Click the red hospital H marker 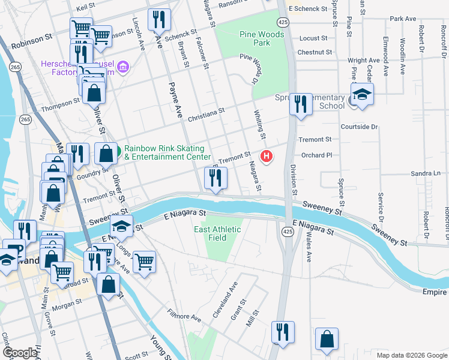tap(266, 157)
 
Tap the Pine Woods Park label tap(262, 39)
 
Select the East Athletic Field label tap(217, 233)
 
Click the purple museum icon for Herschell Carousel tap(124, 65)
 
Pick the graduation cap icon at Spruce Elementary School tap(362, 95)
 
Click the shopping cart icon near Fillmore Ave tap(144, 261)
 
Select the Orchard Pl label tap(316, 155)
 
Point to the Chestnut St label tap(315, 53)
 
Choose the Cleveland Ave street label tap(225, 300)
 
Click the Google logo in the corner tap(19, 353)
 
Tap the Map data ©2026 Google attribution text tap(411, 355)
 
